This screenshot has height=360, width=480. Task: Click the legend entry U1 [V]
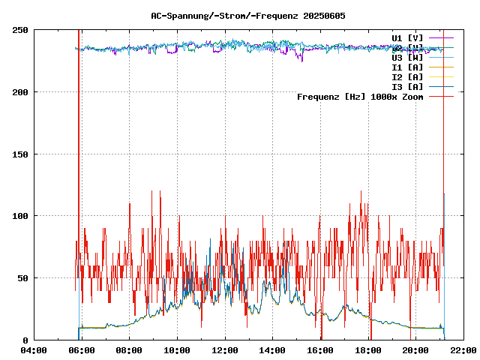[407, 37]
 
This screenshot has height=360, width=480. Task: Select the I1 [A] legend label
[407, 67]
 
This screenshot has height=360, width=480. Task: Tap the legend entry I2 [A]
[407, 76]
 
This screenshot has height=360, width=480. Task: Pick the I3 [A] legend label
[407, 86]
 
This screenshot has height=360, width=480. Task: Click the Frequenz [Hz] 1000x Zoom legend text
[360, 96]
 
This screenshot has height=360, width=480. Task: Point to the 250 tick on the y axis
[20, 30]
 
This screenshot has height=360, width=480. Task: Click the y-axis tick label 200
[20, 92]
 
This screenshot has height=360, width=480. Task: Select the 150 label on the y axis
[20, 154]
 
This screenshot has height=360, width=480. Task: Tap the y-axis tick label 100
[20, 216]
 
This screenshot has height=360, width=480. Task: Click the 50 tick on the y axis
[22, 278]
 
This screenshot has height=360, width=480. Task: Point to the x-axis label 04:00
[34, 350]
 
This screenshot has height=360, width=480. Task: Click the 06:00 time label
[81, 350]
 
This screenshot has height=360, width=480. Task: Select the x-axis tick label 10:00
[177, 350]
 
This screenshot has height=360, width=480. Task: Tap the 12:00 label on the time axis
[225, 350]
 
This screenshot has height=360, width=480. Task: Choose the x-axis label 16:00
[320, 350]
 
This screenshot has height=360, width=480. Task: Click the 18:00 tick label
[368, 350]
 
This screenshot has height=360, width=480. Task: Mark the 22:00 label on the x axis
[463, 350]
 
